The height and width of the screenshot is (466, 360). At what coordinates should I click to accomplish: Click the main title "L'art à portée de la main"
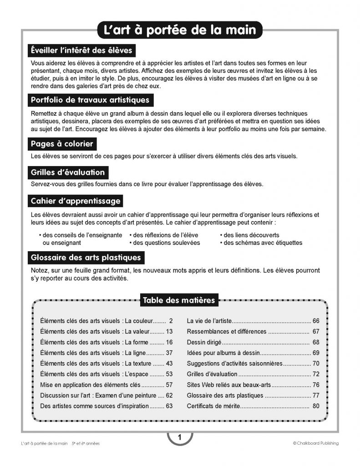pos(180,30)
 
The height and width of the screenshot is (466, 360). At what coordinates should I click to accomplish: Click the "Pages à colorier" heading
pos(62,144)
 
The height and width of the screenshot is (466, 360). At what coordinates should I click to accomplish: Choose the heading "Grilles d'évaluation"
pos(68,172)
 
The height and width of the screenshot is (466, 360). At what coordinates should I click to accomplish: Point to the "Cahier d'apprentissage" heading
pos(75,201)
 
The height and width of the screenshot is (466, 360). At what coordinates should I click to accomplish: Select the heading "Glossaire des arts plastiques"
pos(86,258)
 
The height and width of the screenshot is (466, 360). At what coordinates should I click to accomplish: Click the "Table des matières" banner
pos(179,300)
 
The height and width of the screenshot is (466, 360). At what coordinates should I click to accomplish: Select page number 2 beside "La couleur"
pos(171,320)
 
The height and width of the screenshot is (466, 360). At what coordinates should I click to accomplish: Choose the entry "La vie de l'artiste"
pos(209,320)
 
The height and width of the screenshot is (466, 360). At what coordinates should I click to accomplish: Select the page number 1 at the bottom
pos(180,438)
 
